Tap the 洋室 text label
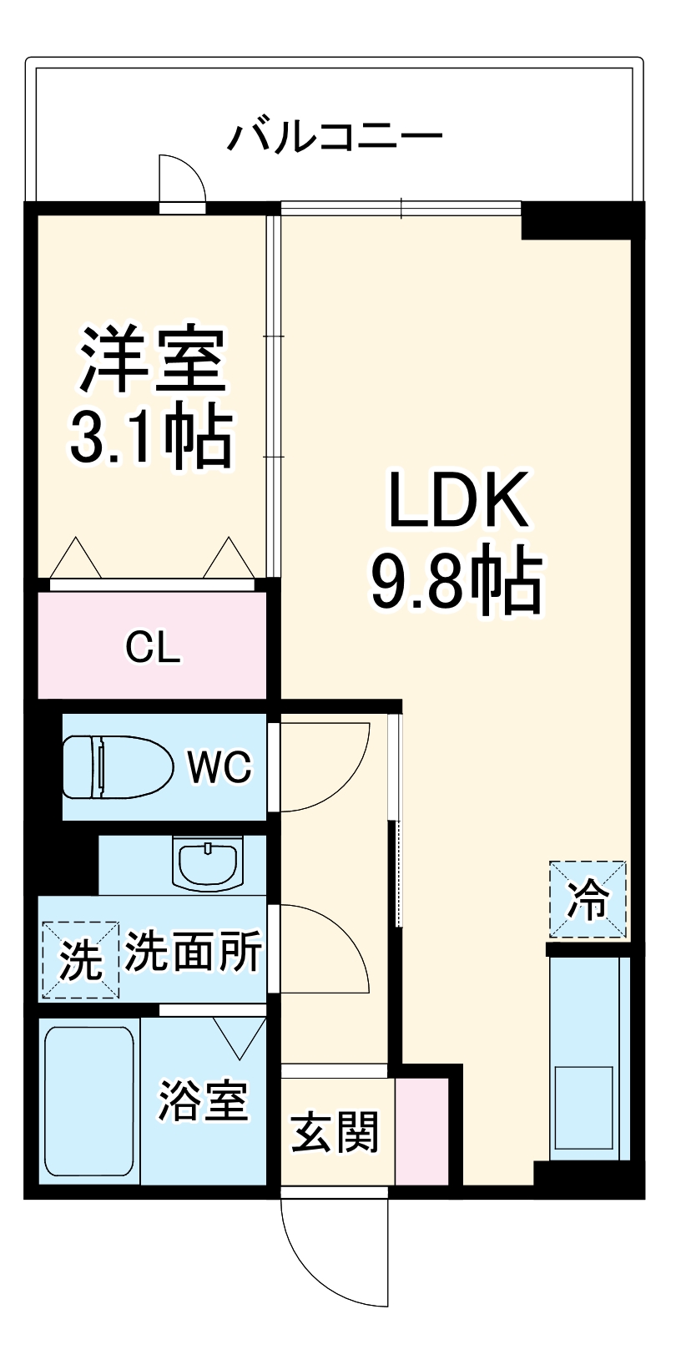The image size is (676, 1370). click(x=154, y=360)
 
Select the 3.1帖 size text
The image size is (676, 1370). click(x=150, y=437)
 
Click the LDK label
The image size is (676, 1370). click(x=458, y=501)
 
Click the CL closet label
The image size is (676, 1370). click(x=153, y=647)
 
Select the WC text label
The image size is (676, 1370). click(x=219, y=766)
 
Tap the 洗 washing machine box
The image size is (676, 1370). click(x=81, y=959)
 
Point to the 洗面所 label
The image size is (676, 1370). click(x=194, y=952)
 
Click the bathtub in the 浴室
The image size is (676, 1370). click(x=88, y=1102)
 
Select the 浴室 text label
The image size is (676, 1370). click(x=204, y=1100)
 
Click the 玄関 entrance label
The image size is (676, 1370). click(x=335, y=1131)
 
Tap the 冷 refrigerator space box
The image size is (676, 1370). click(x=588, y=899)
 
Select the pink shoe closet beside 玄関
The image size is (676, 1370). click(x=422, y=1131)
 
